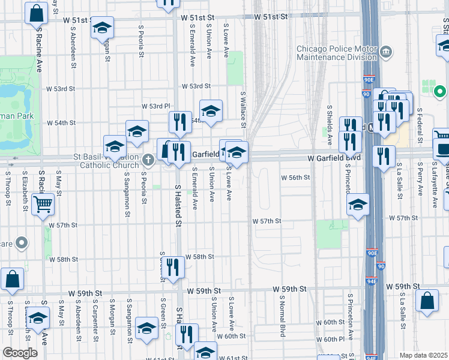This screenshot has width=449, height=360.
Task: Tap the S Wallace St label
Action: pyautogui.click(x=244, y=110)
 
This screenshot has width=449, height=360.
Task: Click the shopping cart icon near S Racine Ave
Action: pyautogui.click(x=43, y=205)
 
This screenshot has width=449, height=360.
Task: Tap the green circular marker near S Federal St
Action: pyautogui.click(x=440, y=92)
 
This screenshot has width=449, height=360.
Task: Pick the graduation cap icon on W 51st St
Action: pyautogui.click(x=103, y=28)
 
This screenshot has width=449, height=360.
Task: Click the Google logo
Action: pyautogui.click(x=20, y=353)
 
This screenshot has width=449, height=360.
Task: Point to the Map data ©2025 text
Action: pyautogui.click(x=423, y=355)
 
